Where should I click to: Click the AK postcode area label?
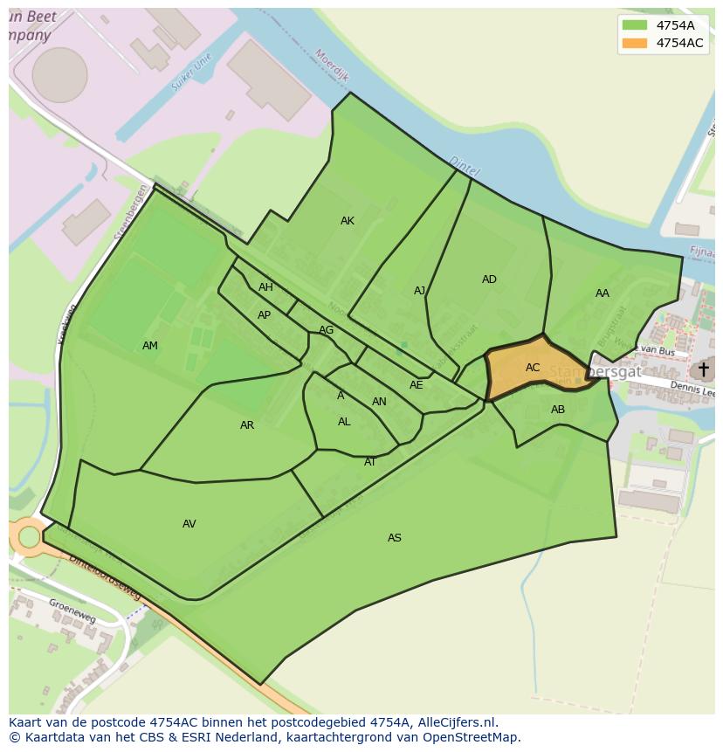click(x=348, y=221)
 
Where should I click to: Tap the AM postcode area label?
click(x=150, y=346)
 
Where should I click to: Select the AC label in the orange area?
click(x=533, y=368)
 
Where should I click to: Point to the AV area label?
click(x=189, y=524)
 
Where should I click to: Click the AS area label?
click(x=395, y=538)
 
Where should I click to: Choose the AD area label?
click(x=489, y=279)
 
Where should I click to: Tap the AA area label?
click(x=602, y=293)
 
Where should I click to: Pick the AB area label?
click(x=558, y=410)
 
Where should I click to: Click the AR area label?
click(x=247, y=425)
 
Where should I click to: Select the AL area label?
click(x=344, y=422)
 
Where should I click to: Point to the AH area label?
click(x=265, y=287)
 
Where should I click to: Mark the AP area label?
click(x=264, y=315)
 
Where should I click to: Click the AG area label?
click(x=326, y=330)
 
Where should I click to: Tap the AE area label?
click(x=417, y=385)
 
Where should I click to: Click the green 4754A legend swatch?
click(x=635, y=25)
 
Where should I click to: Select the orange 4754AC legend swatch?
click(x=635, y=43)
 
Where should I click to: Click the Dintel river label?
click(x=464, y=166)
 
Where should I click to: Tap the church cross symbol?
click(x=703, y=369)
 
